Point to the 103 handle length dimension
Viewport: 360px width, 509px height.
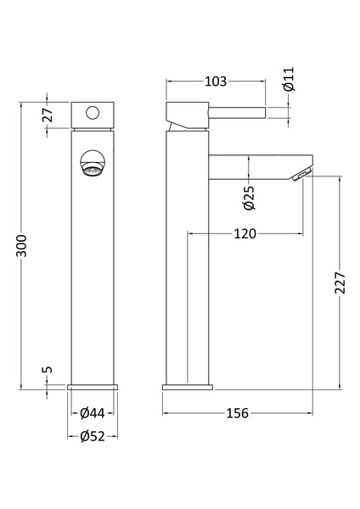(216, 81)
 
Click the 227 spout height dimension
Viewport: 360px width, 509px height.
(340, 282)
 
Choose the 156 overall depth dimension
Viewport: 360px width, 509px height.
(237, 413)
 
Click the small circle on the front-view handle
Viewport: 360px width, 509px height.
(92, 111)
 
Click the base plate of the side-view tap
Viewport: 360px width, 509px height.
(184, 386)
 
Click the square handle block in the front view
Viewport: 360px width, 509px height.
(92, 113)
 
